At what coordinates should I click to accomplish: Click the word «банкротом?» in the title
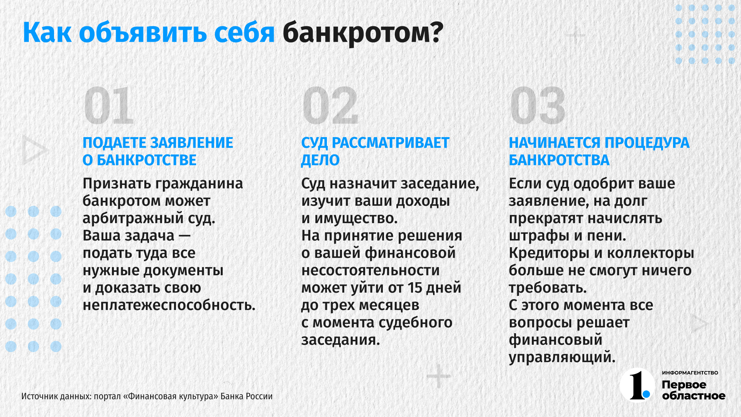(x=363, y=33)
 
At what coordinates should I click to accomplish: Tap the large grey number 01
(x=109, y=105)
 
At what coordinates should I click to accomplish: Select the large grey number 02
(x=330, y=105)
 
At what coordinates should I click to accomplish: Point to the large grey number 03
(x=538, y=105)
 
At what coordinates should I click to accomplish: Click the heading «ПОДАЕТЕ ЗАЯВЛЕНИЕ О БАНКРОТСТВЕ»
(x=158, y=151)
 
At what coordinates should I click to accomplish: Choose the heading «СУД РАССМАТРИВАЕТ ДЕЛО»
(x=375, y=151)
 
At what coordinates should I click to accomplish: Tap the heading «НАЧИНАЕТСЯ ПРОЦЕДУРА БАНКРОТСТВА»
(x=599, y=151)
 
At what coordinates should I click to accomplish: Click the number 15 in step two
(x=415, y=288)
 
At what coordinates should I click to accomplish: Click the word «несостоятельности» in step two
(x=370, y=270)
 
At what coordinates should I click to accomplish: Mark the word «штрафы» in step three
(x=537, y=236)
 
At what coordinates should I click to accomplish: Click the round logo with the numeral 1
(x=638, y=385)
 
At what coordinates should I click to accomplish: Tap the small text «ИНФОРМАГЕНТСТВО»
(x=690, y=373)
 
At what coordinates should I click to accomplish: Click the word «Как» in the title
(x=47, y=33)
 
